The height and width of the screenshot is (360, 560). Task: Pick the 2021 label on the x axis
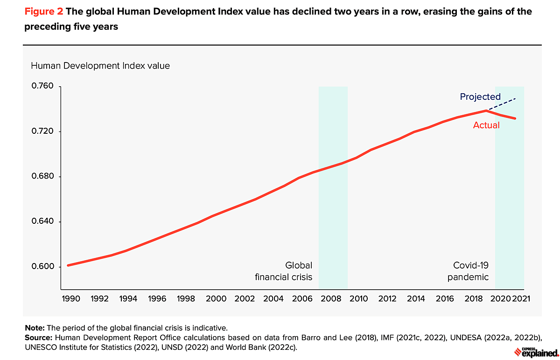(x=520, y=298)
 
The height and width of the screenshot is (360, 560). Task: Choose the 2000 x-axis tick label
(x=216, y=298)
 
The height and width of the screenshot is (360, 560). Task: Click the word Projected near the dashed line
(x=480, y=97)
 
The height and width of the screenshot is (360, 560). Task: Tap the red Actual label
(x=486, y=125)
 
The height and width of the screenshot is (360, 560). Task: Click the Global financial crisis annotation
(x=284, y=271)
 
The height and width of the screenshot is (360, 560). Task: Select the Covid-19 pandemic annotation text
(x=469, y=271)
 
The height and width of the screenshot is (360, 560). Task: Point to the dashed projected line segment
(x=502, y=104)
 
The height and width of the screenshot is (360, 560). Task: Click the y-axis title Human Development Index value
(x=100, y=66)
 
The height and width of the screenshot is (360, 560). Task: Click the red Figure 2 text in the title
(x=43, y=12)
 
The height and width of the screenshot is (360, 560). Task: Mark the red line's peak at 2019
(x=486, y=111)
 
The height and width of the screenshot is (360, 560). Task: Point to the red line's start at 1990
(x=68, y=265)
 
